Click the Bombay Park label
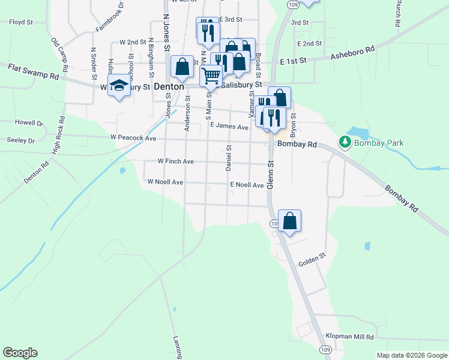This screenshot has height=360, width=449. (378, 143)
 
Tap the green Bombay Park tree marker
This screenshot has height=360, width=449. (345, 143)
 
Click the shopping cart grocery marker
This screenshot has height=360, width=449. (211, 76)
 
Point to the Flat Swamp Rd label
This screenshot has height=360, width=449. (34, 72)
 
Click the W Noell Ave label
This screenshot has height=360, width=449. (165, 182)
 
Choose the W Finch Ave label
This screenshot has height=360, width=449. (175, 161)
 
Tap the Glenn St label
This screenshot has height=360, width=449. (270, 173)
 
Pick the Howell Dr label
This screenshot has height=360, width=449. (29, 122)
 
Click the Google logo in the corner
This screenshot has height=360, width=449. (20, 353)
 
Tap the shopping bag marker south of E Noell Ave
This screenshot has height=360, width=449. (289, 221)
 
